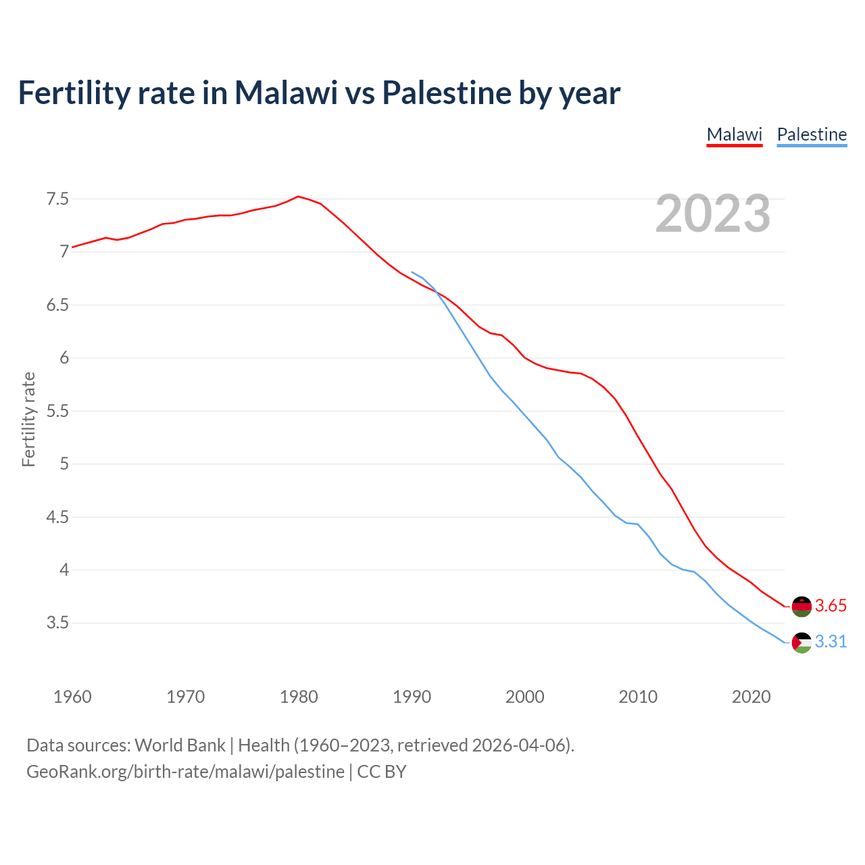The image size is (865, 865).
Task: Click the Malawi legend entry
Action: pos(734,134)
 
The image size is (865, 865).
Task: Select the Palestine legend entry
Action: pos(812,134)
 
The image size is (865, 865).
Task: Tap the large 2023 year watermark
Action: pos(712,214)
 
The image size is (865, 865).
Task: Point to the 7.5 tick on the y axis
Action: pos(57,199)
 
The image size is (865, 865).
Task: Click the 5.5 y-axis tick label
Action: pos(57,411)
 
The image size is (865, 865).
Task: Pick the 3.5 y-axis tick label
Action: pos(57,622)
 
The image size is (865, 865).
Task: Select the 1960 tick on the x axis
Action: pos(72,697)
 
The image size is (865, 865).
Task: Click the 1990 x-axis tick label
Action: pos(412,697)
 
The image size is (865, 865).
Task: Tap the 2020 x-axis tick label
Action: pos(751,697)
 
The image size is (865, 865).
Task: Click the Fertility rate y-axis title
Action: pos(28,419)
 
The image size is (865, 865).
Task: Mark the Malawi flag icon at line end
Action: pos(801,606)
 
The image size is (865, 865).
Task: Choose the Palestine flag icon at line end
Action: pos(801,642)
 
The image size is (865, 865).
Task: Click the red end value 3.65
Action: pos(831,606)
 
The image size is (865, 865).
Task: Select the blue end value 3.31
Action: pos(831,642)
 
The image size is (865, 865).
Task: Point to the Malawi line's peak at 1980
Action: pos(298,197)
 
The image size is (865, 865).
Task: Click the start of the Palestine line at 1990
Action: pos(412,272)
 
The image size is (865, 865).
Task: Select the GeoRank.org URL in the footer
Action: pos(185,772)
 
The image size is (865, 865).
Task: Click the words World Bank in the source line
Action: pos(180,745)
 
